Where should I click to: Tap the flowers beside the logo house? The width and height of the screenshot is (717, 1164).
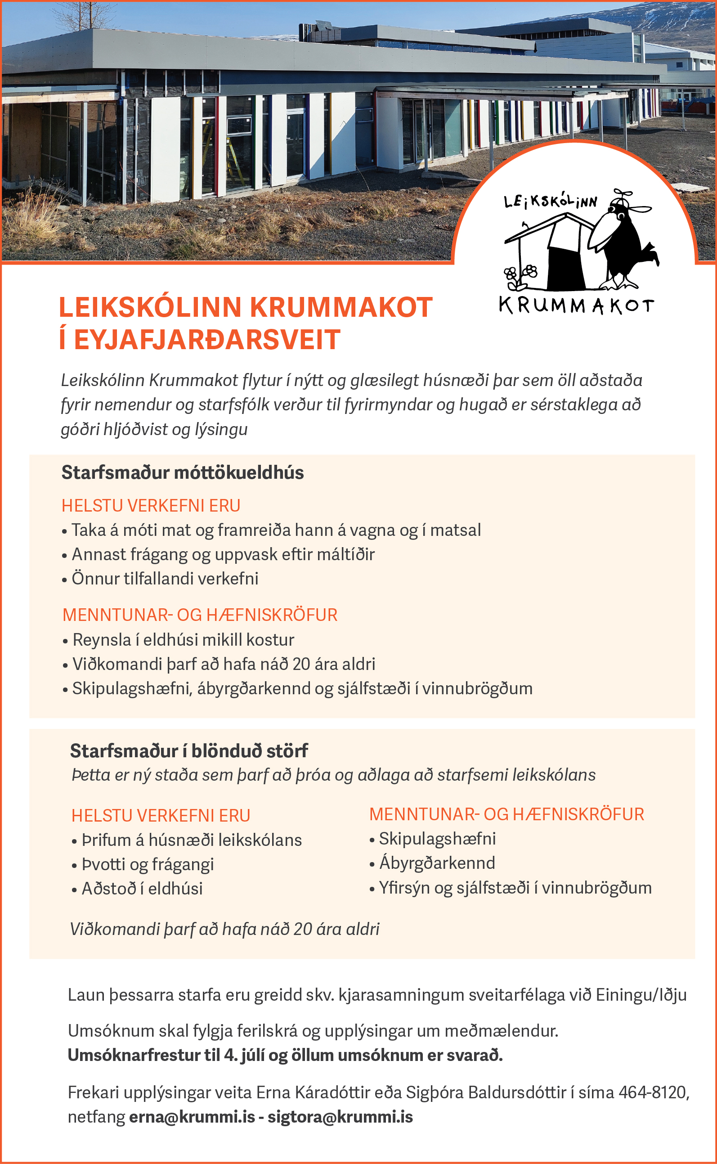520,275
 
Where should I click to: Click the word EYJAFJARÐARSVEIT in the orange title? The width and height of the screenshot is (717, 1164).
207,340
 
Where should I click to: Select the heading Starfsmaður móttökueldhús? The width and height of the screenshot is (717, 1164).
183,473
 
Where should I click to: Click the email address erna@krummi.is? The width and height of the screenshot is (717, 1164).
192,1117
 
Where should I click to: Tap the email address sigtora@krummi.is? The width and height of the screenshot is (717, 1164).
340,1117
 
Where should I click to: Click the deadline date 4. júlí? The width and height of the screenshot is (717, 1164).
244,1056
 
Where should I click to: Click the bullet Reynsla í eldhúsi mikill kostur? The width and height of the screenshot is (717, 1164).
183,640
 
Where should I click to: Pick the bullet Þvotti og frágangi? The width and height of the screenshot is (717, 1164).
148,864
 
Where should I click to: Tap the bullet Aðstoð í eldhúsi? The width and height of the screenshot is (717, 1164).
142,889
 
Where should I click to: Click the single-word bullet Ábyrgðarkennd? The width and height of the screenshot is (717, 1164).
437,863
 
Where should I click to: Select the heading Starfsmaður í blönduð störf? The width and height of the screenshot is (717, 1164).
189,751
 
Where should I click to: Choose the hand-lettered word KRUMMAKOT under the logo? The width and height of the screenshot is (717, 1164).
576,306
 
